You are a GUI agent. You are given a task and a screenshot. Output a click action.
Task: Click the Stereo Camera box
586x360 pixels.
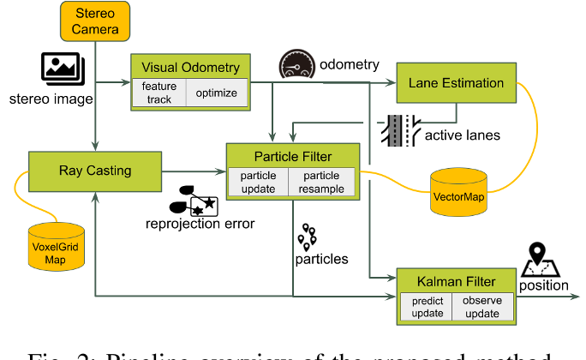click(95, 20)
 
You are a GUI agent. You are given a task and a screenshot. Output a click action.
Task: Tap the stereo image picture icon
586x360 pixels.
click(61, 68)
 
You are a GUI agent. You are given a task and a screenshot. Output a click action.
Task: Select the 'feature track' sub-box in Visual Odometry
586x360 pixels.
click(158, 93)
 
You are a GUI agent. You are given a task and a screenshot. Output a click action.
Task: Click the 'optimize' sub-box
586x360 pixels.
click(217, 93)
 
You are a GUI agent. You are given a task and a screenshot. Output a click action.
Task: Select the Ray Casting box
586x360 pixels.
click(95, 171)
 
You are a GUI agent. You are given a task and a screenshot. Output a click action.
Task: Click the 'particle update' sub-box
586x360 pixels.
click(257, 182)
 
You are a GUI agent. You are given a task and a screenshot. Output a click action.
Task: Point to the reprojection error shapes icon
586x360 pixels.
click(194, 201)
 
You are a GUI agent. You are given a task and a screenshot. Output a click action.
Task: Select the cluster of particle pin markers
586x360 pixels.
click(308, 236)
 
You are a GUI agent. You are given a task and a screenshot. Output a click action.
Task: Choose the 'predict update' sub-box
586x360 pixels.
click(427, 307)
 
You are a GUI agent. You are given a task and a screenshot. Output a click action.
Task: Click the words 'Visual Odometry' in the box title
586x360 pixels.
click(190, 68)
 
